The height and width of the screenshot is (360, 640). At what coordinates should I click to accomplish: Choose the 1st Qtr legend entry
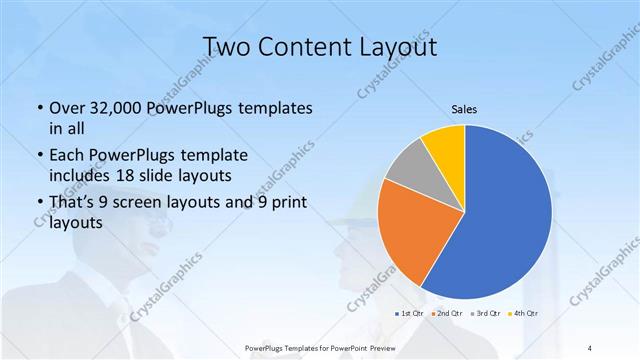point(408,313)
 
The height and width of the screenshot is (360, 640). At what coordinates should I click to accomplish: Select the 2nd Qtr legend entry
point(447,313)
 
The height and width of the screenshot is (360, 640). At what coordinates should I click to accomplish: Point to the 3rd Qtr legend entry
point(487,313)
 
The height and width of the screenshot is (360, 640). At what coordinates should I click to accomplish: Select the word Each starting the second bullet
point(66,156)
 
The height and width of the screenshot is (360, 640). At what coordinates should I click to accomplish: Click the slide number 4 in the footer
point(589,347)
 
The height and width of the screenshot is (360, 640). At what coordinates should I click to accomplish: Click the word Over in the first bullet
point(67,108)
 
